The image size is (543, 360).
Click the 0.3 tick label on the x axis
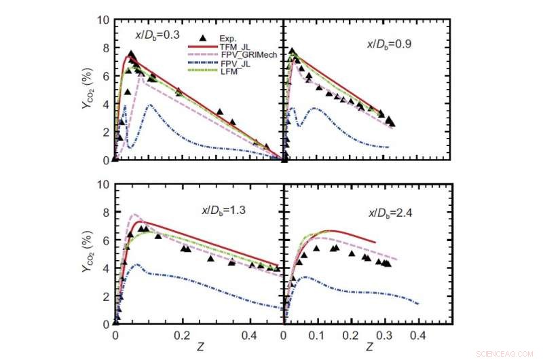(x=384, y=335)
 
